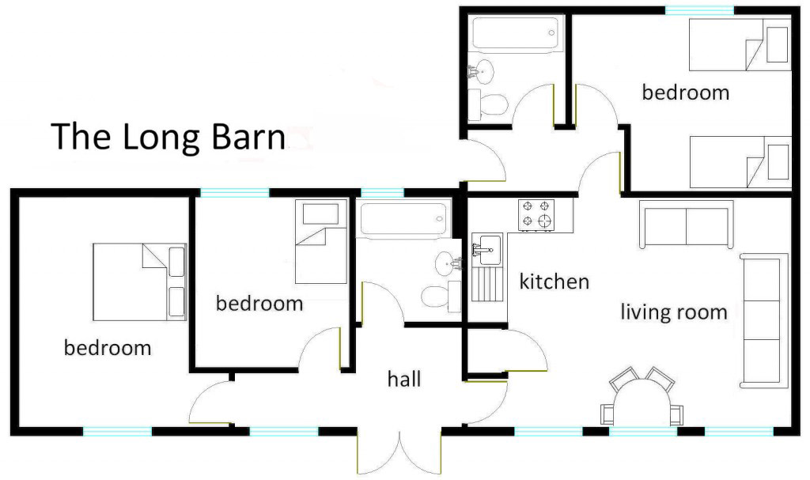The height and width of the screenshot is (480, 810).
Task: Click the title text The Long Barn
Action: pyautogui.click(x=168, y=136)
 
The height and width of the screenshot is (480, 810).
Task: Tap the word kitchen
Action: pyautogui.click(x=555, y=282)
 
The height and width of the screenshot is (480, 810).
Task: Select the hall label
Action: pyautogui.click(x=404, y=379)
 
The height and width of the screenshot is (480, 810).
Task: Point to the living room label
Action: pyautogui.click(x=674, y=312)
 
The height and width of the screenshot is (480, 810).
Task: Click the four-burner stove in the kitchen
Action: pyautogui.click(x=536, y=215)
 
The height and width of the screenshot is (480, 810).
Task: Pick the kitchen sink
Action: pyautogui.click(x=487, y=251)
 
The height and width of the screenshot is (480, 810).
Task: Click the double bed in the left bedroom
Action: pyautogui.click(x=139, y=282)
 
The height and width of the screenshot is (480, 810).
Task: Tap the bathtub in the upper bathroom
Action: pyautogui.click(x=516, y=33)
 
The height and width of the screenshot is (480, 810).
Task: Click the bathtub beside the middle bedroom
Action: pyautogui.click(x=403, y=218)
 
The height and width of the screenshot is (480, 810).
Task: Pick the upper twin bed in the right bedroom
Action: pyautogui.click(x=740, y=45)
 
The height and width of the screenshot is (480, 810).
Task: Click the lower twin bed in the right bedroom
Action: pyautogui.click(x=740, y=162)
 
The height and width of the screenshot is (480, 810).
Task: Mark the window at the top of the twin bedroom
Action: pyautogui.click(x=699, y=10)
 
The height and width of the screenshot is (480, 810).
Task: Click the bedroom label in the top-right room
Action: pyautogui.click(x=686, y=93)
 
